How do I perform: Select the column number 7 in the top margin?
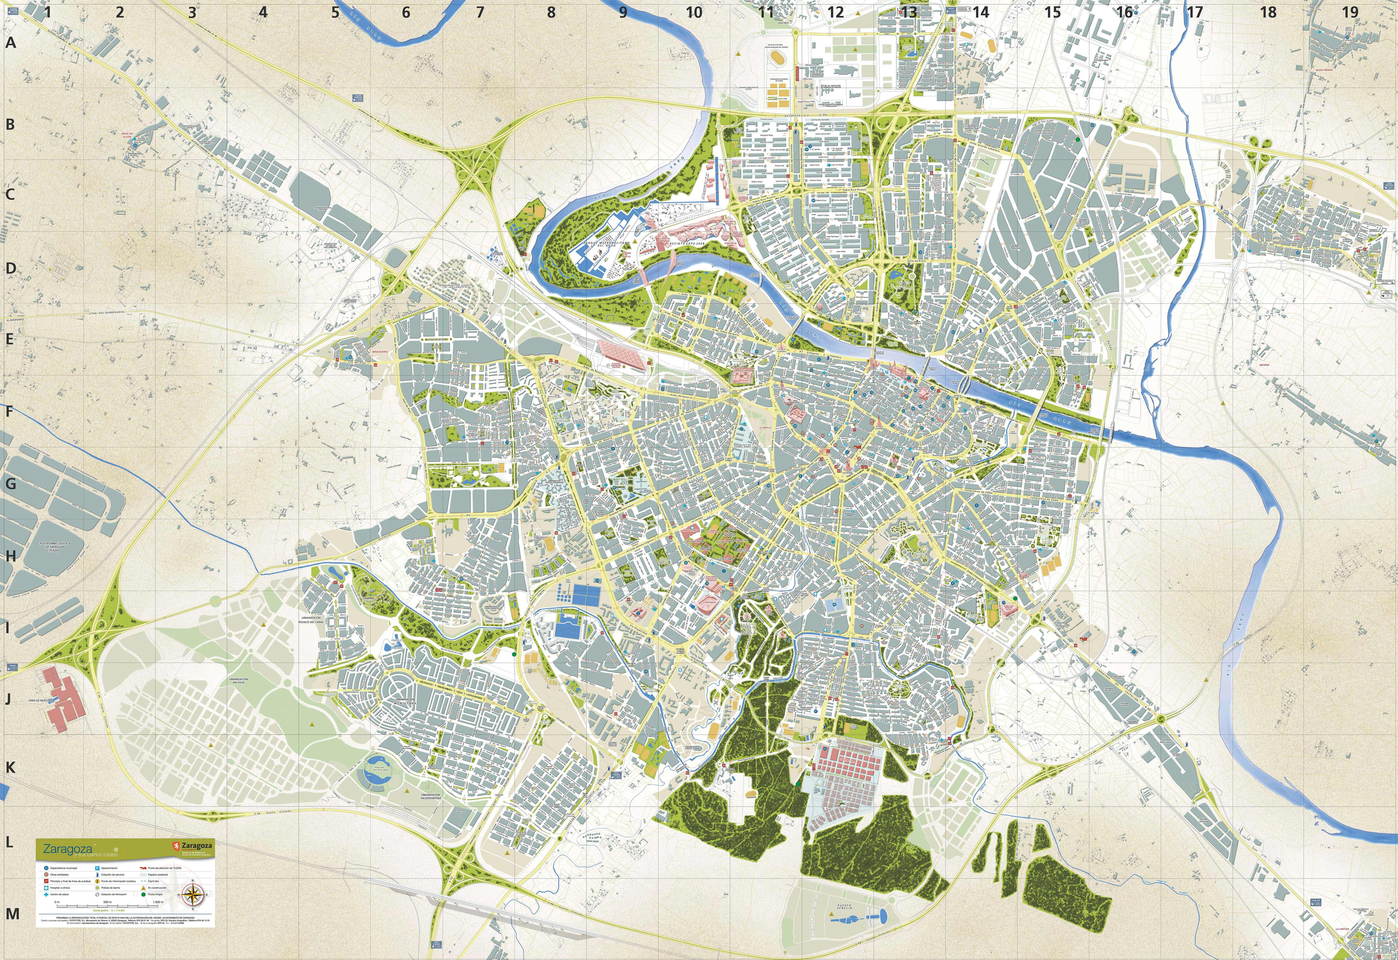(x=480, y=12)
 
